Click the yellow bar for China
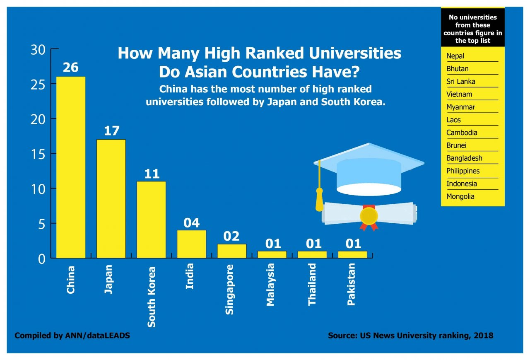[71, 167]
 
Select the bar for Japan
[111, 199]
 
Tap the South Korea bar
[152, 220]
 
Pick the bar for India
[191, 244]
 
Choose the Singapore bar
[231, 251]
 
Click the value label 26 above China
[71, 68]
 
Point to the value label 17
[111, 131]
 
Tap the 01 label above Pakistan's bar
[353, 244]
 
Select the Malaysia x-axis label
[271, 285]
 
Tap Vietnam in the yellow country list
[459, 94]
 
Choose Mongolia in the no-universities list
[460, 196]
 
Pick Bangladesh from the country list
[464, 158]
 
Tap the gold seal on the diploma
[369, 216]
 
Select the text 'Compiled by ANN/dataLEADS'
[72, 336]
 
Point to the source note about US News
[410, 336]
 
